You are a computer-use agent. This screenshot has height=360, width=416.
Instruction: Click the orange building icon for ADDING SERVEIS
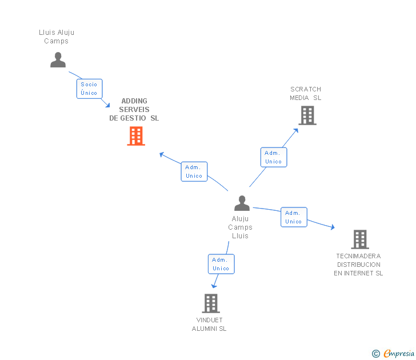point(136,136)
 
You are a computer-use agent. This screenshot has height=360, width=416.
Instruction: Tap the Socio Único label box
point(89,89)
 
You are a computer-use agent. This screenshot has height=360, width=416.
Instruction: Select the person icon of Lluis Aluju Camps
point(58,59)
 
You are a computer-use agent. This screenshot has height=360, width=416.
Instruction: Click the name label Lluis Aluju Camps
point(57,37)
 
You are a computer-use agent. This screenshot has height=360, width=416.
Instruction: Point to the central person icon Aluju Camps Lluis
point(242,203)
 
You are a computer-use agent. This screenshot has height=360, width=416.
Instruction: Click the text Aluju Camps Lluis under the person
point(241,227)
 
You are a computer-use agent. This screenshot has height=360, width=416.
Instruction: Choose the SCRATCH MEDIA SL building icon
point(307,115)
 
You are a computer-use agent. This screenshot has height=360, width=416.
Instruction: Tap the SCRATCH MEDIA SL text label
point(306,93)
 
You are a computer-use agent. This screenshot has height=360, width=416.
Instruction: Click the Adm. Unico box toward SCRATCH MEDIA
point(274,157)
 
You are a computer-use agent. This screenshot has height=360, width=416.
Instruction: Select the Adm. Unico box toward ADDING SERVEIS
point(194,171)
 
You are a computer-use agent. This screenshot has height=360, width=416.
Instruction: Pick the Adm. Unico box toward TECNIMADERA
point(294,217)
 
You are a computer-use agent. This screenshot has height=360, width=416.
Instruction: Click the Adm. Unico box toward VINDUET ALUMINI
point(221,264)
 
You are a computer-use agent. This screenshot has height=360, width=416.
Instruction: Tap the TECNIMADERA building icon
point(359,239)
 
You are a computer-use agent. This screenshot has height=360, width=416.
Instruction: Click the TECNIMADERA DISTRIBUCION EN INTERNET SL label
point(358,265)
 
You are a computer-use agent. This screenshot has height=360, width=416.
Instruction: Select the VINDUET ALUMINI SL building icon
point(211,303)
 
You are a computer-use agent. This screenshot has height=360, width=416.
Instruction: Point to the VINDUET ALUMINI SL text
point(209,324)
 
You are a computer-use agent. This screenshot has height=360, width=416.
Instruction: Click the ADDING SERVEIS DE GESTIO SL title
point(134,110)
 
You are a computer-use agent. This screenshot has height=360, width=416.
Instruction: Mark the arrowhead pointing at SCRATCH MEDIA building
point(296,130)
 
